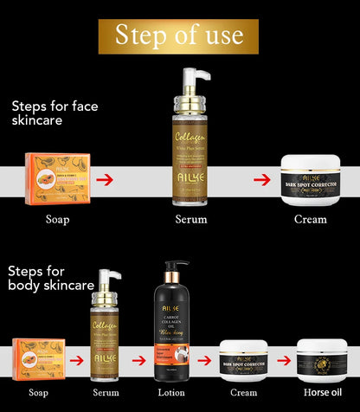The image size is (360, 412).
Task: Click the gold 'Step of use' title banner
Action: point(180,35)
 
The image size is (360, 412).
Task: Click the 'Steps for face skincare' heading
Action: point(61,113)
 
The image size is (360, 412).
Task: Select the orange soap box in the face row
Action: point(57,179)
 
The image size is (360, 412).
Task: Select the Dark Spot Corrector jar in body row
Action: point(244,359)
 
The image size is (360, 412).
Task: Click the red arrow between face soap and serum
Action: point(105,179)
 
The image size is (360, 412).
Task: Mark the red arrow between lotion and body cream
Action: point(204,359)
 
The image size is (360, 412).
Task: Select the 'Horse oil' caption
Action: point(321,392)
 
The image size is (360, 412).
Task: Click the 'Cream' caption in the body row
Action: point(244,392)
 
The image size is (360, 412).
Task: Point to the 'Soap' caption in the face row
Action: point(57,219)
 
